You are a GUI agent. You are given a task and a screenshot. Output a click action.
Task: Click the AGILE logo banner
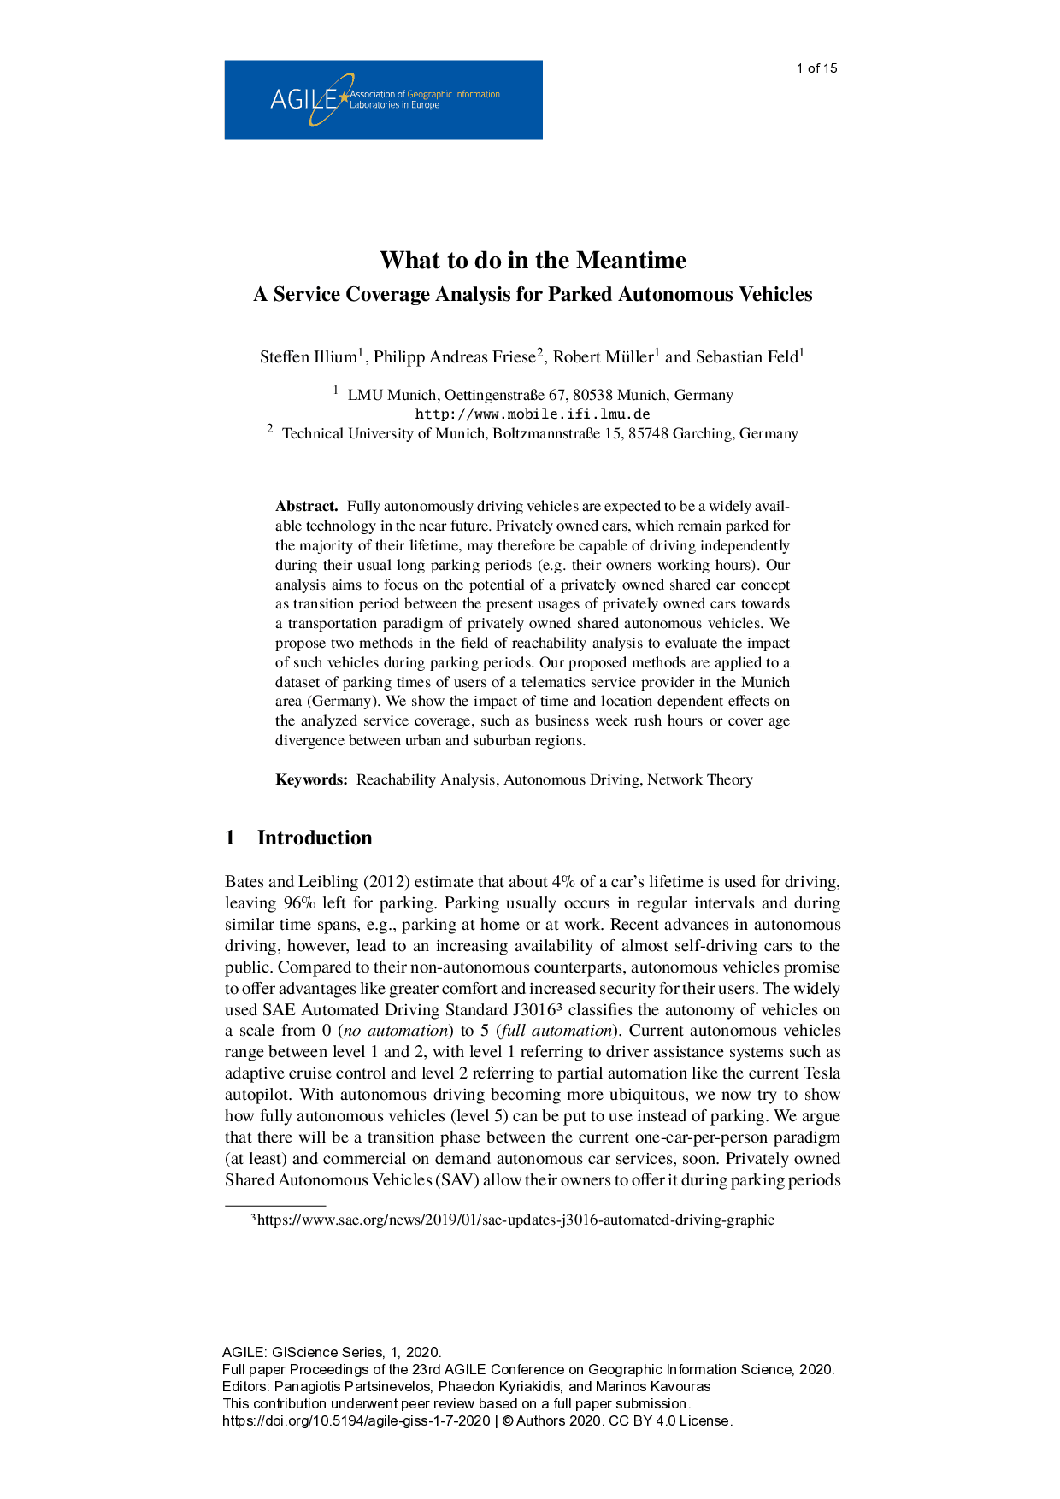click(x=383, y=99)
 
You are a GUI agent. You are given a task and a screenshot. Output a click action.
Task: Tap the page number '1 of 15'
click(x=816, y=68)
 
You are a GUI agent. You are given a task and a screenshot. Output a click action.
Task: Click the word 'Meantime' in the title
click(x=631, y=260)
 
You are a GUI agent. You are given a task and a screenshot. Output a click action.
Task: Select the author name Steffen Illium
click(x=309, y=357)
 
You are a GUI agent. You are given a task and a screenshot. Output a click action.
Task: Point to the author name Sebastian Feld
click(x=746, y=357)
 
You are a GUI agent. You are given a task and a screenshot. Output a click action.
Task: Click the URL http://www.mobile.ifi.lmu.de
click(x=533, y=414)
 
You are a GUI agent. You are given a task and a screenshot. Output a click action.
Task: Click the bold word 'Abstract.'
click(x=307, y=506)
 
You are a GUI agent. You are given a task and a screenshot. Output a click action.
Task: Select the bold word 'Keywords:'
click(x=311, y=779)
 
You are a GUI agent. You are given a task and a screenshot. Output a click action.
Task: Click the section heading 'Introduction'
click(x=315, y=838)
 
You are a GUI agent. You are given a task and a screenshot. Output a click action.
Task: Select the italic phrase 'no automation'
click(x=396, y=1031)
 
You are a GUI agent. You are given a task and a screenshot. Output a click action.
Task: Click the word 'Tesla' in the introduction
click(x=821, y=1073)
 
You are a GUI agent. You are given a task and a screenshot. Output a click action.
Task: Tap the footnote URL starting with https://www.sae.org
click(x=515, y=1220)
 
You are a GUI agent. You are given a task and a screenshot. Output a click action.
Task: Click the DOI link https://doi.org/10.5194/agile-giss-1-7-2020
click(x=356, y=1420)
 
